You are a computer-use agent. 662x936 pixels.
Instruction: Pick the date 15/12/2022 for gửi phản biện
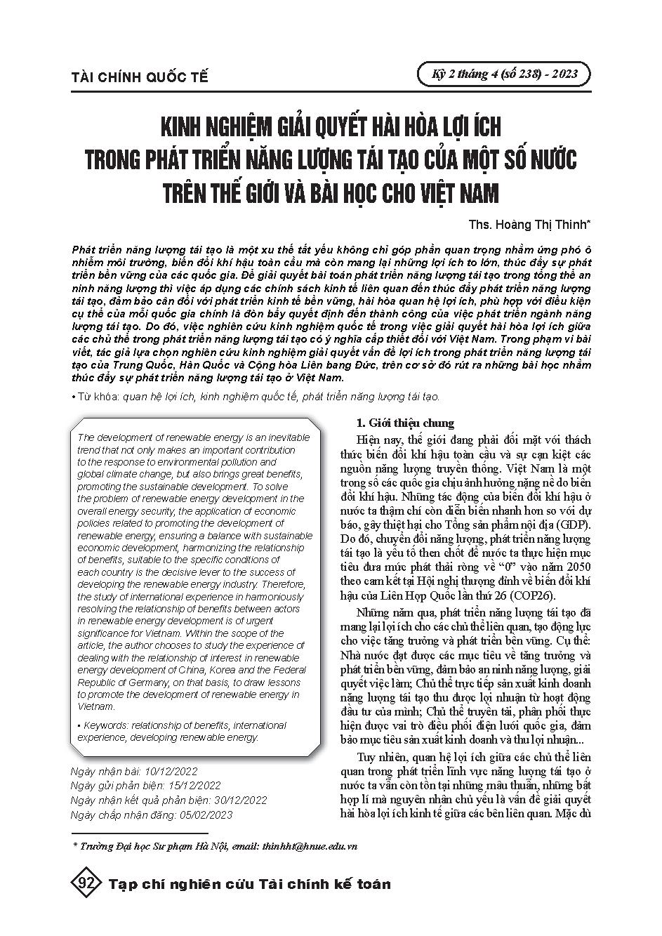(192, 785)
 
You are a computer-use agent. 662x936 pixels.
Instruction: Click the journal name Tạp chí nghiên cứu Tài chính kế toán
(250, 884)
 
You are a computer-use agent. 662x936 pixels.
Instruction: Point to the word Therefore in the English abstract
(282, 582)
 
